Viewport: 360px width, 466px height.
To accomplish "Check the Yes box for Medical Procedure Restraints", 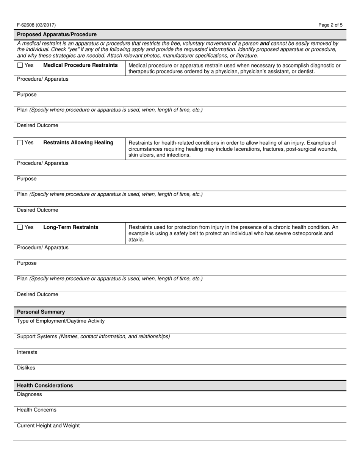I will [20, 66].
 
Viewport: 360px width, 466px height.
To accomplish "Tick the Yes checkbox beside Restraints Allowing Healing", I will [20, 143].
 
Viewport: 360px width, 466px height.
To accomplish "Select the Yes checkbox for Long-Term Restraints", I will [20, 227].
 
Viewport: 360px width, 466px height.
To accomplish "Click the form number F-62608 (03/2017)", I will [36, 25].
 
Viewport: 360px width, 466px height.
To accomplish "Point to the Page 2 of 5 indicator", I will [330, 25].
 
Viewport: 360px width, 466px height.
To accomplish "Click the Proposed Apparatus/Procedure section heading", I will [57, 34].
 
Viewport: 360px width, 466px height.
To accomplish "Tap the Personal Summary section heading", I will [41, 312].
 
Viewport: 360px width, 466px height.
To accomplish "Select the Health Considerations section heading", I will [45, 385].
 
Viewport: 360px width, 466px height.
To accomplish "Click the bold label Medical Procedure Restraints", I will [81, 65].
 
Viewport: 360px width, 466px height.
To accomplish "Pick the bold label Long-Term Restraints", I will [71, 227].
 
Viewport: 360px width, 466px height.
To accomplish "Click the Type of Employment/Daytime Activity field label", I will [61, 321].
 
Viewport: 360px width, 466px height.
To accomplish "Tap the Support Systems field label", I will [37, 336].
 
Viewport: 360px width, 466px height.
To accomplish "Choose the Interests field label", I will [27, 352].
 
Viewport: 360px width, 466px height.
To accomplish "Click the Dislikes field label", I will [26, 368].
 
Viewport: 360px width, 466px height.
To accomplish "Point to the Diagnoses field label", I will [30, 394].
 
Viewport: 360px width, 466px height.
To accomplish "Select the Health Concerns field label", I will [37, 410].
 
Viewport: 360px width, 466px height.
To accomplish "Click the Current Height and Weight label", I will [49, 425].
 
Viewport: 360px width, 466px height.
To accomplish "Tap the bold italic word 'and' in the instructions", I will [265, 44].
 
